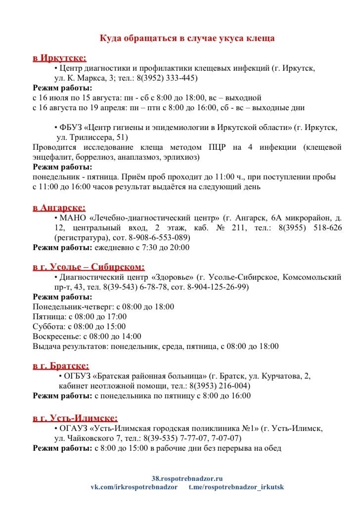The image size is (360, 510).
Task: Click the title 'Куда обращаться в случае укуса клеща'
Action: coord(187,38)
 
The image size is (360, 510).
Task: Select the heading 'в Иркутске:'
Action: coord(59,58)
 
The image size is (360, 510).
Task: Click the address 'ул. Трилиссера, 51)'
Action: coord(89,137)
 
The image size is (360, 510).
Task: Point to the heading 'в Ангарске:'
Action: coord(59,208)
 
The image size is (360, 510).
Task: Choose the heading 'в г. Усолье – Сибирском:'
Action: coord(89,267)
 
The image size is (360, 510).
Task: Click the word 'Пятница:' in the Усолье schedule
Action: coord(48,317)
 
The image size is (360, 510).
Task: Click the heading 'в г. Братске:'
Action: coord(61,366)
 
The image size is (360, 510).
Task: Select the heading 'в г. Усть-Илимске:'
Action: coord(75,418)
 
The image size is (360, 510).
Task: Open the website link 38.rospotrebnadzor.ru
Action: coord(187,478)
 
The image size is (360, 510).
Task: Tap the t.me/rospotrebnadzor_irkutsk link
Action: coord(236,487)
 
